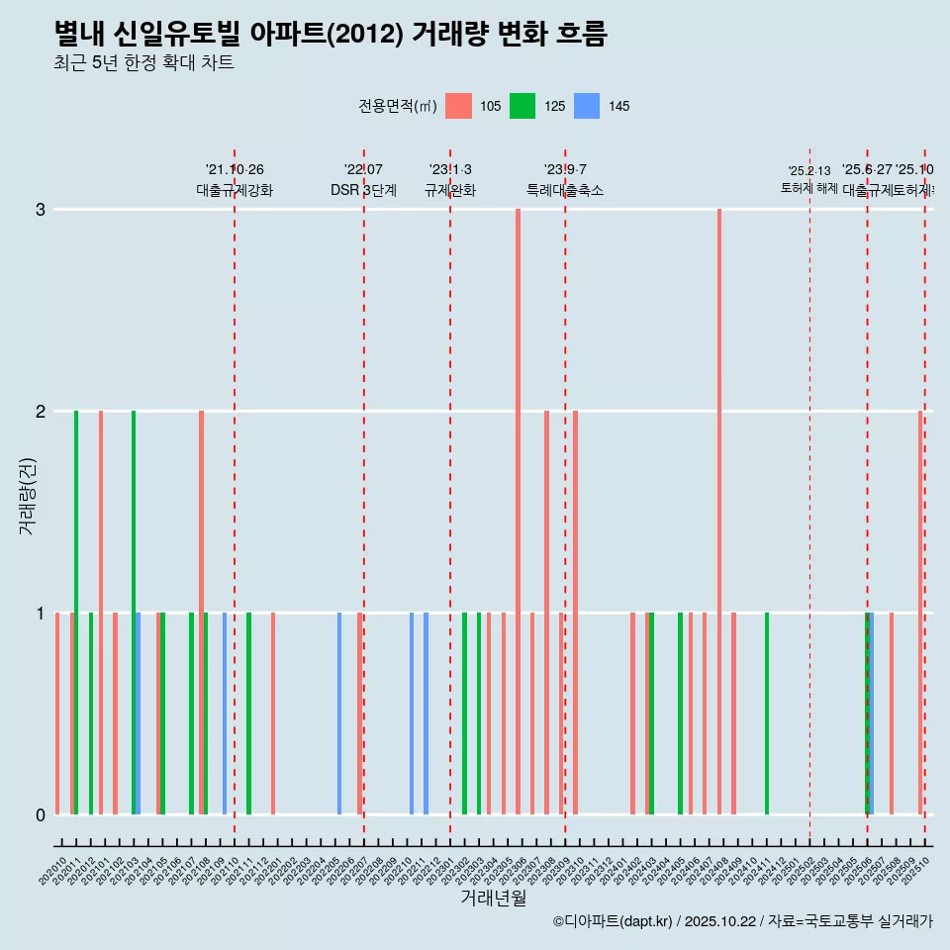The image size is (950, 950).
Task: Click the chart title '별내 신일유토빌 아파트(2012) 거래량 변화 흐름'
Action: coord(330,34)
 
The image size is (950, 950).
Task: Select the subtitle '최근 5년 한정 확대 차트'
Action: coord(143,63)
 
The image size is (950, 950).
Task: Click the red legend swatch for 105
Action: coord(458,106)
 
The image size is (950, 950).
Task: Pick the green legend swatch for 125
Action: coord(522,106)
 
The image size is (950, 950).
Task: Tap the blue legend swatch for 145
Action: coord(587,106)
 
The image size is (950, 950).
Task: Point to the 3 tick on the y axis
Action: coord(41,210)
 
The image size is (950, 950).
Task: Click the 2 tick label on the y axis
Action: coord(41,412)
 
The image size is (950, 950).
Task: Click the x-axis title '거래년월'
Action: coord(493,898)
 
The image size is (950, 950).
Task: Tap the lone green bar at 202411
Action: coord(767,712)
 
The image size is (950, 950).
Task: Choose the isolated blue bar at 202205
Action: coord(339,712)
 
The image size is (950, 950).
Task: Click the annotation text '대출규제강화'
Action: coord(235,190)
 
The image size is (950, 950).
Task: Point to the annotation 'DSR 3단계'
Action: coord(363,190)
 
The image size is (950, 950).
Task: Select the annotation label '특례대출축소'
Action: coord(564,190)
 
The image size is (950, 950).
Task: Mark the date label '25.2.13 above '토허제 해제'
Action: coord(809,171)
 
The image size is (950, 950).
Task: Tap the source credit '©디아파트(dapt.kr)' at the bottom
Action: coord(614,921)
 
